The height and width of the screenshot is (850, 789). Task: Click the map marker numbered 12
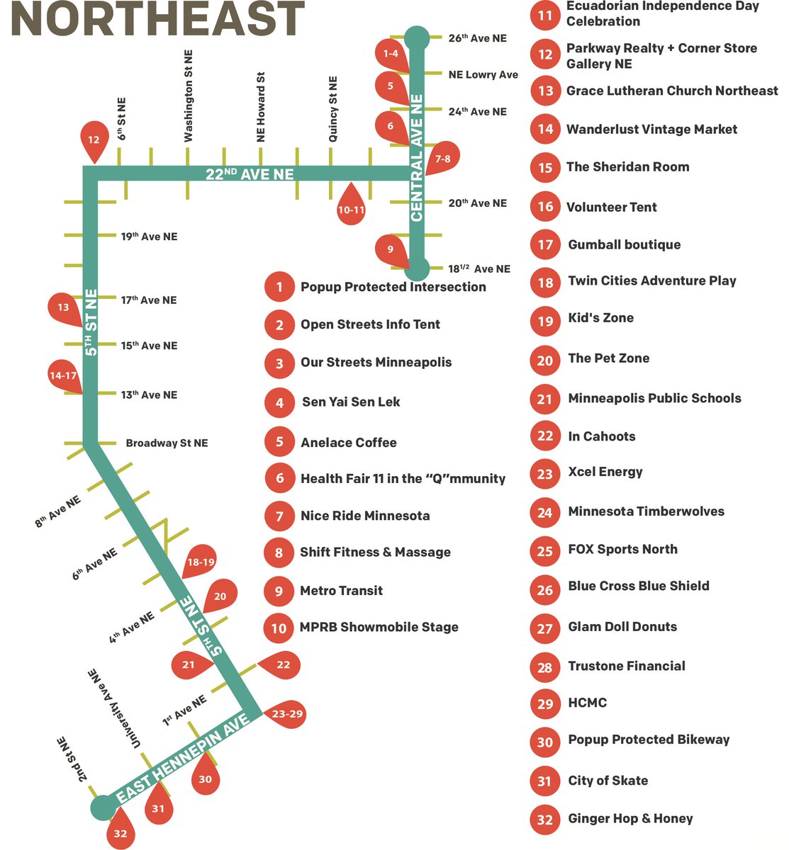[x=94, y=140]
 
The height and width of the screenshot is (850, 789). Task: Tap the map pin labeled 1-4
[x=391, y=55]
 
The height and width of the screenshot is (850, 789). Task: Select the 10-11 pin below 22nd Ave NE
[x=351, y=208]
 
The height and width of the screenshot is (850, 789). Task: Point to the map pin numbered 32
[x=120, y=833]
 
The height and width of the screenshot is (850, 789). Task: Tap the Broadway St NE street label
[x=167, y=443]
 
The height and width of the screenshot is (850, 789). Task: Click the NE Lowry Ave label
[x=483, y=75]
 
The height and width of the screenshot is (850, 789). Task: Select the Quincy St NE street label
[x=333, y=110]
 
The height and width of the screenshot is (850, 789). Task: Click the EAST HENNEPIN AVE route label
[x=183, y=759]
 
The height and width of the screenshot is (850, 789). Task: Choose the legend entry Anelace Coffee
[x=348, y=443]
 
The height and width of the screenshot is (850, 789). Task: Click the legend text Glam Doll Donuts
[x=622, y=627]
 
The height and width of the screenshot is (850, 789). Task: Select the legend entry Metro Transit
[x=341, y=591]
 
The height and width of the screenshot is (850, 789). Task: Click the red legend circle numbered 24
[x=544, y=512]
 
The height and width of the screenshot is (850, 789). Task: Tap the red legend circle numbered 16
[x=544, y=206]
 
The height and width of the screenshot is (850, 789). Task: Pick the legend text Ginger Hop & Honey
[x=630, y=819]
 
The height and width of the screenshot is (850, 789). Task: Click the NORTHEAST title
[x=157, y=20]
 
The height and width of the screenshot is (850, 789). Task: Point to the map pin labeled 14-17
[x=64, y=378]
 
